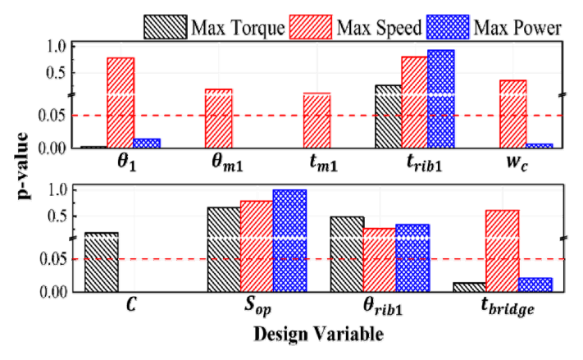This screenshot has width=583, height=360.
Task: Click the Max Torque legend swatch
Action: (166, 27)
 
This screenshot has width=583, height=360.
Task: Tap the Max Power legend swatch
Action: (447, 27)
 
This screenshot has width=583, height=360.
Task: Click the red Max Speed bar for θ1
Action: (120, 103)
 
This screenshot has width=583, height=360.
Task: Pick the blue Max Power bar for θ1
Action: (147, 144)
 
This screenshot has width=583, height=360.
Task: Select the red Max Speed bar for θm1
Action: (218, 118)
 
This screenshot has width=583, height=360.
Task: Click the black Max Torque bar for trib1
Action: (388, 116)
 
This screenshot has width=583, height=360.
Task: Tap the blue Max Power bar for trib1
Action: (441, 98)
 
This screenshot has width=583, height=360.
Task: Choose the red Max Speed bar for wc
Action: (512, 114)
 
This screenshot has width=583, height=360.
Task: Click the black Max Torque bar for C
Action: (101, 262)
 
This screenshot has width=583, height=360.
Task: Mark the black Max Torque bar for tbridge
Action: (468, 287)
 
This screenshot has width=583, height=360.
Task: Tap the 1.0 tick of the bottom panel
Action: (56, 190)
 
